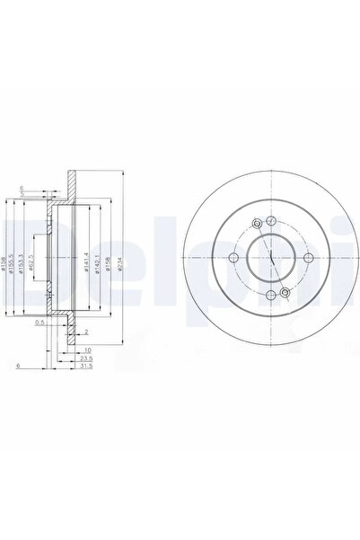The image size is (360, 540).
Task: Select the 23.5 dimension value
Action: tap(85, 358)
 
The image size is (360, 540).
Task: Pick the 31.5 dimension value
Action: tap(85, 366)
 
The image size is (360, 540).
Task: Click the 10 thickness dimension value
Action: tap(86, 350)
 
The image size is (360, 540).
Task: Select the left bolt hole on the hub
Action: tap(233, 258)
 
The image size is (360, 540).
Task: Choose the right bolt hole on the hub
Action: tap(309, 258)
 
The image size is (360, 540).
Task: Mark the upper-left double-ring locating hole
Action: tap(258, 225)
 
